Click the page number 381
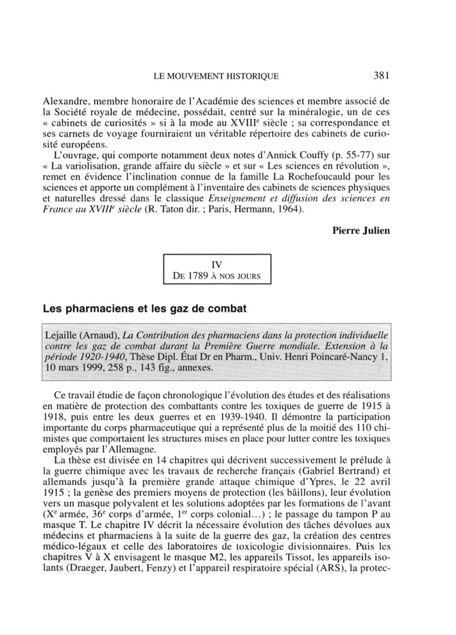click(381, 76)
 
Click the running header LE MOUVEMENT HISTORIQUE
click(217, 76)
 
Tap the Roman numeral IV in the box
click(217, 264)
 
